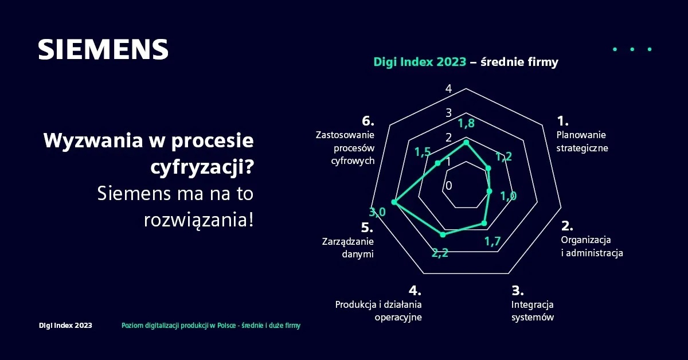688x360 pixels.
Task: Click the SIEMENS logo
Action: [x=103, y=50]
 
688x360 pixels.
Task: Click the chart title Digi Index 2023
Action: [x=420, y=62]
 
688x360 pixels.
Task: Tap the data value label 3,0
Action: [x=377, y=213]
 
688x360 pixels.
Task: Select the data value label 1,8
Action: [x=466, y=123]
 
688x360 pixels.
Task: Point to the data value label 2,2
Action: [x=440, y=253]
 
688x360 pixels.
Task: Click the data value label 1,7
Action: [x=493, y=241]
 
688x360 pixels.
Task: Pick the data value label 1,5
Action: [x=423, y=152]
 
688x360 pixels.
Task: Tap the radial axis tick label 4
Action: [x=448, y=89]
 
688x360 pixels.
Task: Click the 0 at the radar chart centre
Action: [x=448, y=186]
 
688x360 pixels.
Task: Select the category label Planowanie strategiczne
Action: [x=582, y=141]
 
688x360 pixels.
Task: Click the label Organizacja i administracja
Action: [x=592, y=246]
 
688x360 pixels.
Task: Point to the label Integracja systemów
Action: [x=533, y=311]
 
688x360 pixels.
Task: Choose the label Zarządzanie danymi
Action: [x=348, y=248]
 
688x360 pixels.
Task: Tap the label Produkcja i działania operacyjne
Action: [x=378, y=311]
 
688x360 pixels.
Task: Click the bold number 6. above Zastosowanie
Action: [x=368, y=121]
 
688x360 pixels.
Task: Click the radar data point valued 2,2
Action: [x=442, y=234]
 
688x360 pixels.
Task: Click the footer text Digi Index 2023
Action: [x=65, y=326]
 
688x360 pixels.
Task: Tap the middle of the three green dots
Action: [x=632, y=49]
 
